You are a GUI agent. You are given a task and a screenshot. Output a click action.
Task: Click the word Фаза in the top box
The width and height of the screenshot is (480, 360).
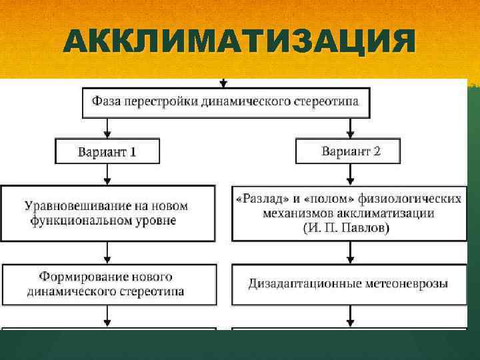click(107, 102)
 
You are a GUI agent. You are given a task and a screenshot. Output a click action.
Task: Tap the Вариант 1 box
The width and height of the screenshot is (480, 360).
click(107, 152)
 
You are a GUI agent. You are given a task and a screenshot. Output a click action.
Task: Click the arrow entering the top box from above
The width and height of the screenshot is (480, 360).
click(223, 83)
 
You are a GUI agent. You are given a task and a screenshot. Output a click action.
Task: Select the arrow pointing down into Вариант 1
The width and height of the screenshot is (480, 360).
click(107, 132)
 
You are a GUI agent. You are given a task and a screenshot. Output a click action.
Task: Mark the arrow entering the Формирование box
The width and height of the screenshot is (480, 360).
click(107, 254)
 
